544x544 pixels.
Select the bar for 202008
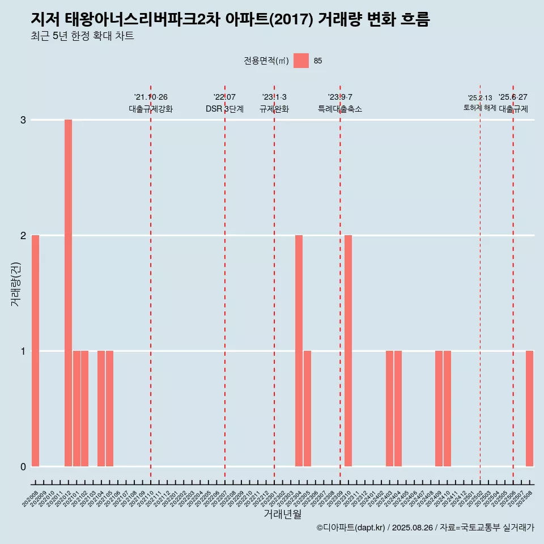pyautogui.click(x=35, y=351)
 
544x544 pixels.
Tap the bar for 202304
pyautogui.click(x=299, y=351)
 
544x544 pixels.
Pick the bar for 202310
pyautogui.click(x=348, y=351)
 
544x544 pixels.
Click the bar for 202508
pyautogui.click(x=529, y=409)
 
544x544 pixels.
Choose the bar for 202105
pyautogui.click(x=109, y=409)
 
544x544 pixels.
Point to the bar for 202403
pyautogui.click(x=389, y=409)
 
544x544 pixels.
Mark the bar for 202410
pyautogui.click(x=447, y=409)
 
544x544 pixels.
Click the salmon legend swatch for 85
pyautogui.click(x=301, y=61)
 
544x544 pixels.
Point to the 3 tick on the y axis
pyautogui.click(x=23, y=120)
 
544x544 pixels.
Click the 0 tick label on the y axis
pyautogui.click(x=23, y=466)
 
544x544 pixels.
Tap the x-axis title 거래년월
pyautogui.click(x=282, y=514)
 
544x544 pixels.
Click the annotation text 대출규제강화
pyautogui.click(x=151, y=109)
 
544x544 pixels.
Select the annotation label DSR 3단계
pyautogui.click(x=225, y=109)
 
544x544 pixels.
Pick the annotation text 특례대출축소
pyautogui.click(x=340, y=109)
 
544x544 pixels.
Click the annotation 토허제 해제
pyautogui.click(x=480, y=108)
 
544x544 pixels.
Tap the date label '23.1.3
pyautogui.click(x=274, y=97)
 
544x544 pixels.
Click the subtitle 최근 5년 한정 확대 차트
pyautogui.click(x=83, y=36)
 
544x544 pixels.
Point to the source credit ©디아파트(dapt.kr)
pyautogui.click(x=351, y=528)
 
